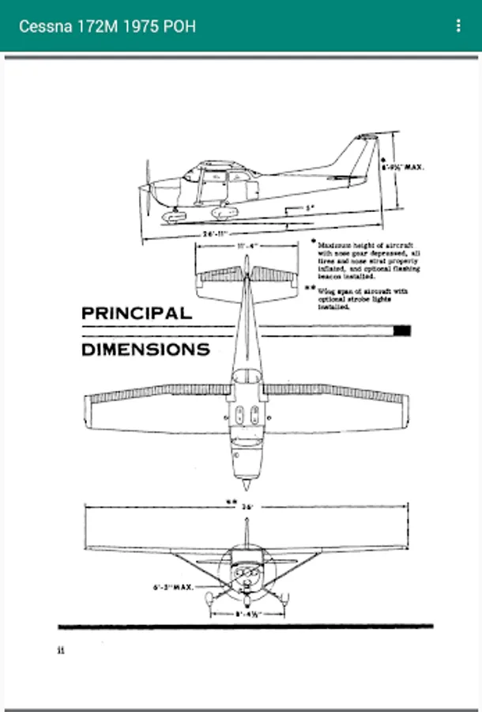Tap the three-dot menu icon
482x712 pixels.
click(458, 26)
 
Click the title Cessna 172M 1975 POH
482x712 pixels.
click(107, 26)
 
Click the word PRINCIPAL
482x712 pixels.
click(137, 313)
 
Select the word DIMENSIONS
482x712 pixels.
click(146, 349)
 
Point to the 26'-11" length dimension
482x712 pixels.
click(214, 234)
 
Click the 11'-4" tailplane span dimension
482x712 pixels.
click(247, 246)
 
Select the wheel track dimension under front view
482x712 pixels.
click(246, 613)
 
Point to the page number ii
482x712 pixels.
click(60, 651)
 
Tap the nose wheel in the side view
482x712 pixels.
click(173, 216)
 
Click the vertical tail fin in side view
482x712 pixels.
click(360, 154)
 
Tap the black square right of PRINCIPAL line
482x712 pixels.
click(402, 331)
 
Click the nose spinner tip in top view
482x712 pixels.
click(247, 484)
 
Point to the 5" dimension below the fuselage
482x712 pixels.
click(311, 207)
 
